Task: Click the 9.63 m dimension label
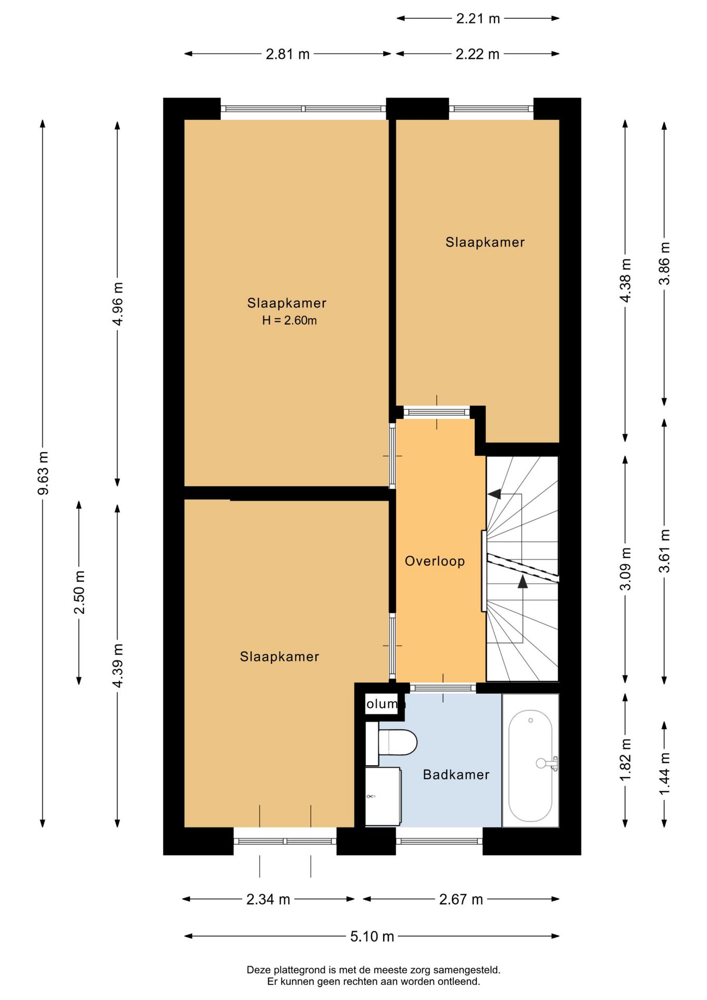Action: [x=44, y=473]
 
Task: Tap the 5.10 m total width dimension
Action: [x=372, y=936]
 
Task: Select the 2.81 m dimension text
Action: [x=287, y=54]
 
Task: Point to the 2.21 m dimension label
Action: [x=478, y=19]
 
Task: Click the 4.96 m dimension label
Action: [x=118, y=304]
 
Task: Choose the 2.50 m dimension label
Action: [x=79, y=592]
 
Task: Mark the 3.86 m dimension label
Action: [x=665, y=264]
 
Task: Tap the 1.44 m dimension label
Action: [x=665, y=774]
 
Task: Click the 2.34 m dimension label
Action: [x=268, y=899]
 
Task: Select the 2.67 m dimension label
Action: [x=461, y=899]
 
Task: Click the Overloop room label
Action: [x=435, y=561]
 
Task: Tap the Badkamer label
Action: [x=456, y=774]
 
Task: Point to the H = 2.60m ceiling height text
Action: [x=289, y=320]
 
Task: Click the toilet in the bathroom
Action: [x=392, y=743]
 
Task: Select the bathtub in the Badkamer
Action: [x=531, y=760]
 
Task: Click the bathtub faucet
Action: [x=548, y=764]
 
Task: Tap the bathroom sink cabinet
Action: [x=383, y=796]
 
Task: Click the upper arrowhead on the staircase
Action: [x=495, y=494]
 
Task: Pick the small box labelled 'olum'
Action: [x=383, y=704]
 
